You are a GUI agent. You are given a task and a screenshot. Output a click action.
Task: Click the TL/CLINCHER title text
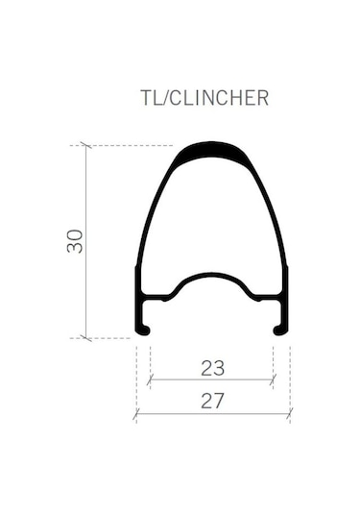(204, 98)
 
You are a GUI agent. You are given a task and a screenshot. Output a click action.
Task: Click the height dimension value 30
(75, 241)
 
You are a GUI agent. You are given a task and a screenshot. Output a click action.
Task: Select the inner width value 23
(212, 368)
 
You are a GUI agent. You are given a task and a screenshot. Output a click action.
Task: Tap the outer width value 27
(212, 401)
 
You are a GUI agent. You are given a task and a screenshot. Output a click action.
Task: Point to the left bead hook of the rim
(143, 330)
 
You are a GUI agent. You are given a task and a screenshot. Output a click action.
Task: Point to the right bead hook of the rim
(281, 330)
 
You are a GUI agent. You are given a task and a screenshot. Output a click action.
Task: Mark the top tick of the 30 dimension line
(86, 145)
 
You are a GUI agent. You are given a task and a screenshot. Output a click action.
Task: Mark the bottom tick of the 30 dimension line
(86, 338)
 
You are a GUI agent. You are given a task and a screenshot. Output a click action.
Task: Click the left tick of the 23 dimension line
(150, 379)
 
